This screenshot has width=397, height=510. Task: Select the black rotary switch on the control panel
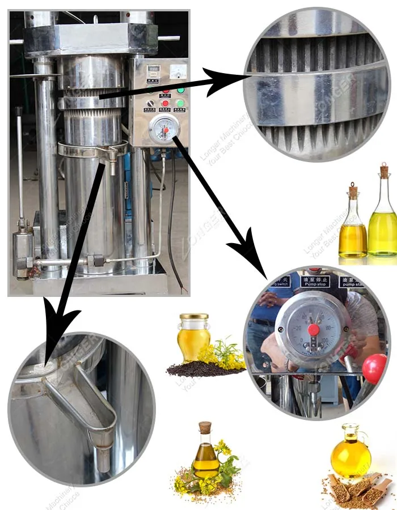[150, 103]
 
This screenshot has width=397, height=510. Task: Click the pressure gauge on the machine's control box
[164, 128]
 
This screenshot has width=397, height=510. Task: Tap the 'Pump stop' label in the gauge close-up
[315, 282]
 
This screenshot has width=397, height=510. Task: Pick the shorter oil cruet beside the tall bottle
[353, 224]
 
